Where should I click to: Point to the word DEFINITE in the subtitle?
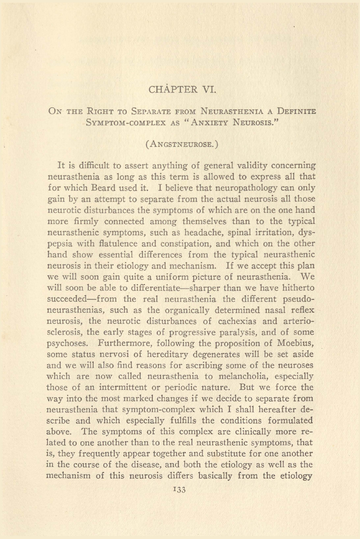pos(296,111)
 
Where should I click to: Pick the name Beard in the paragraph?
pos(104,188)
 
